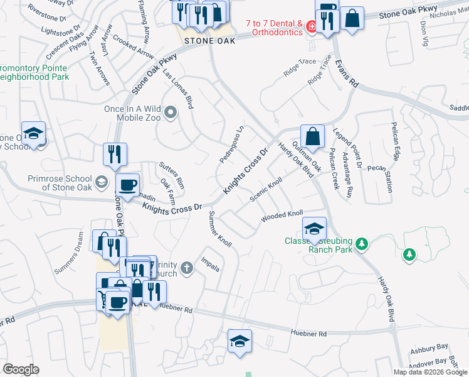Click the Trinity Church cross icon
(x=186, y=269)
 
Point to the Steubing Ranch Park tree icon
(x=361, y=244)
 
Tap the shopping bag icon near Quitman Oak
(x=312, y=136)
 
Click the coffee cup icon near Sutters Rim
(x=127, y=185)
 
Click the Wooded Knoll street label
(x=282, y=217)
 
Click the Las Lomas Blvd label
(x=177, y=88)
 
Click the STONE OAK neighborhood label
(x=209, y=40)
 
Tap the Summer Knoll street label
(x=221, y=228)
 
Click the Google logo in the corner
(x=21, y=369)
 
